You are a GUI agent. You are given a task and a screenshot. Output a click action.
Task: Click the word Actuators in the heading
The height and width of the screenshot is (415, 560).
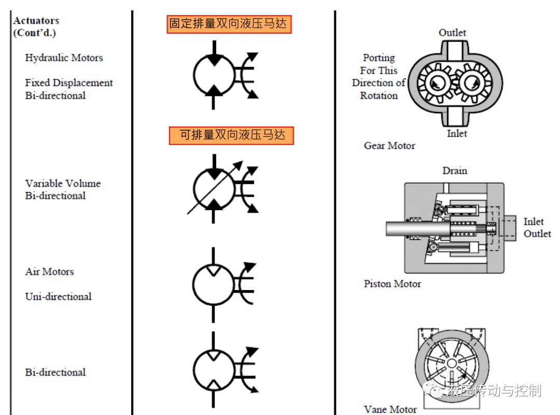36,21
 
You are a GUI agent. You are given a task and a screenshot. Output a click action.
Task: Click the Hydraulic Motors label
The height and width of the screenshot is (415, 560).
64,58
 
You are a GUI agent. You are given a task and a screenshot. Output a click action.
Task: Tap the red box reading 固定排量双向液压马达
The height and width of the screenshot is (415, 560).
229,24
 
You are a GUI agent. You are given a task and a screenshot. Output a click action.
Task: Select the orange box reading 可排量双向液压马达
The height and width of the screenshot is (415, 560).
231,135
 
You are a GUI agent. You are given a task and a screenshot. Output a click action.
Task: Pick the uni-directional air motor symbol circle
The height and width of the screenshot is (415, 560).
213,284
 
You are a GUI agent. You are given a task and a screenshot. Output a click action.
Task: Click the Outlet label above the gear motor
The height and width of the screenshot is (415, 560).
453,33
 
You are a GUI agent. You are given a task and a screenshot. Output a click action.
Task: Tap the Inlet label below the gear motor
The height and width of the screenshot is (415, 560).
457,133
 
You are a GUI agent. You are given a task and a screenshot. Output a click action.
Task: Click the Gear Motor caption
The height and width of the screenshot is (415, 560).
389,146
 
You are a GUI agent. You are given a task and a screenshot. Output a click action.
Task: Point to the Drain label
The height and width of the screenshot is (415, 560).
455,171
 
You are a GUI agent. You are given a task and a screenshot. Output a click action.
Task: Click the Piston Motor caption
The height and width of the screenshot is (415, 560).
393,284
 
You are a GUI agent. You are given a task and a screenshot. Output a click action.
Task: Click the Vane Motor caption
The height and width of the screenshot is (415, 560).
390,409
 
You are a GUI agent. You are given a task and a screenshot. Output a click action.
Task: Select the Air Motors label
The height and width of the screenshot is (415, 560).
49,271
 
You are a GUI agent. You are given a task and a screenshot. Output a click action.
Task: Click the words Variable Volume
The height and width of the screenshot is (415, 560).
63,183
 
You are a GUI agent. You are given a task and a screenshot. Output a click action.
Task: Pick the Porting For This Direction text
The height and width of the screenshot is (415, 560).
379,70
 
